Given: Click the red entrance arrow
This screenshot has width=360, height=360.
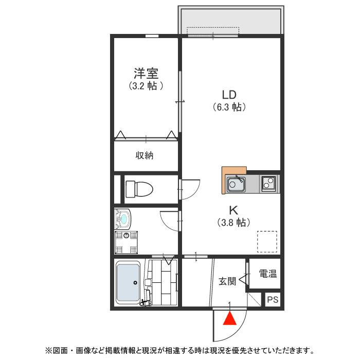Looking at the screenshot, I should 230,319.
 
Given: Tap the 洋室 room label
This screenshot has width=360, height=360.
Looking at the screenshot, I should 146,73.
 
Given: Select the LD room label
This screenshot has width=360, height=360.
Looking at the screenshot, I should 228,95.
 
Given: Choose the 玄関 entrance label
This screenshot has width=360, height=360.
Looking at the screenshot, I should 227,281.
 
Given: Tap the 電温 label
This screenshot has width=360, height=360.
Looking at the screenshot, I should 267,274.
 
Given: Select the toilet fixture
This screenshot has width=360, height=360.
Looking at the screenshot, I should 139,189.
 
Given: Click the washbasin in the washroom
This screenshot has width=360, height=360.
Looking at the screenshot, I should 123,220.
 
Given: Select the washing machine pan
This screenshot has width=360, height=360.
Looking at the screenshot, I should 127,242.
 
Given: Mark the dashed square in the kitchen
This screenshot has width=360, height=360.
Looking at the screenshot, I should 267,241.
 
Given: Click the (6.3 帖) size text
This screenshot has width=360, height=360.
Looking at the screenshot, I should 229,107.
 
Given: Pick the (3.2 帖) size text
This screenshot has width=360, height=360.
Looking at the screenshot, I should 146,86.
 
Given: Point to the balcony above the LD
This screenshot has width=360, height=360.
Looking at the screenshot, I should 230,21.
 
